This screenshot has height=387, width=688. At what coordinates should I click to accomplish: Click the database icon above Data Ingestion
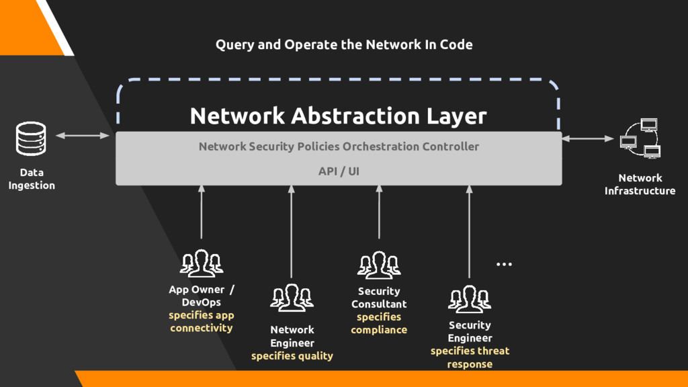coord(31,139)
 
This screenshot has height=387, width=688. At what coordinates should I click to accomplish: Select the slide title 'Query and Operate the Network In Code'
coord(344,45)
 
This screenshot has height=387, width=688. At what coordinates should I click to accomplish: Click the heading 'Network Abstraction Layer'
coord(338,116)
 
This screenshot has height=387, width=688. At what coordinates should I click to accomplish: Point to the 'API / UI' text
coord(339,171)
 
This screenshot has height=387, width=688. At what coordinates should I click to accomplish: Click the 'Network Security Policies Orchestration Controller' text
coord(339,146)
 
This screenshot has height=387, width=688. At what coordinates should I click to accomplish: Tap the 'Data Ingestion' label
coord(32,179)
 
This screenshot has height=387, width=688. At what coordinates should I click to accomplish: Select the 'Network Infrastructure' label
coord(640,184)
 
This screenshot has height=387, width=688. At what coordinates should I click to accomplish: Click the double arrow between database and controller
coord(82,136)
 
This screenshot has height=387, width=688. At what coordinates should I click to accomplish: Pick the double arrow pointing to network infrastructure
coord(588,138)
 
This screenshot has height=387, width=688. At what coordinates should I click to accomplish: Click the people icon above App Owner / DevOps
coord(201,263)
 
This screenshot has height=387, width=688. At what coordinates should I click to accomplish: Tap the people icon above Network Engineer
coord(292,298)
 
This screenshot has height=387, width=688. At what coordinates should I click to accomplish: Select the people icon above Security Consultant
coord(379,265)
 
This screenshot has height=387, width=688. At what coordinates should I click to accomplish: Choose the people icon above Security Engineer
coord(470,299)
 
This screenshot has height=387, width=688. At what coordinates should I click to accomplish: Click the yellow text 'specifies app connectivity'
coord(201,322)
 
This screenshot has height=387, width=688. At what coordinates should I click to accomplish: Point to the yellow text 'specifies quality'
coord(292,355)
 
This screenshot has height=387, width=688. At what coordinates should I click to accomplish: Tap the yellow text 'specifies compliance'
coord(379,323)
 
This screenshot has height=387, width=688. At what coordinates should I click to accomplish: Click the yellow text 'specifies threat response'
coord(470,357)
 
